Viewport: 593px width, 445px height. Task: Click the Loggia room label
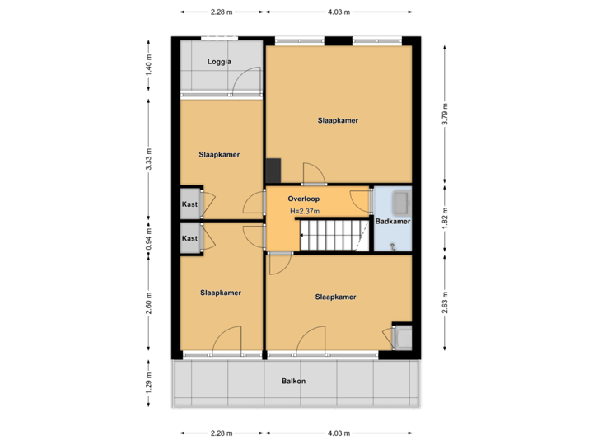click(x=219, y=62)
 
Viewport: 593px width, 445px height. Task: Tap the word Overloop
click(x=303, y=199)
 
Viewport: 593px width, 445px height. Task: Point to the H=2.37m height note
click(x=304, y=212)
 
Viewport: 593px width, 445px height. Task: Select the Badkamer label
click(x=393, y=222)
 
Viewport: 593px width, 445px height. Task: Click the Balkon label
click(x=293, y=381)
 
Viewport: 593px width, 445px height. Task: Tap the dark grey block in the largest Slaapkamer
click(x=273, y=170)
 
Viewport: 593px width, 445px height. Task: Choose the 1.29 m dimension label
click(x=148, y=384)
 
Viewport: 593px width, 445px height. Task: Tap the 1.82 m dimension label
click(x=445, y=217)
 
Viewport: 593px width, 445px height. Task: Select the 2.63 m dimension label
click(x=445, y=300)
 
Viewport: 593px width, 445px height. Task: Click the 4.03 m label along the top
click(x=339, y=12)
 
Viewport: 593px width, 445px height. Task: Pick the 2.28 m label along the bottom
click(x=221, y=433)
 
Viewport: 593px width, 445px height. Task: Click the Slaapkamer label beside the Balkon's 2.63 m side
click(x=335, y=297)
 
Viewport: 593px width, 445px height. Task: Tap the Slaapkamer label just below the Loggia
click(x=219, y=154)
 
